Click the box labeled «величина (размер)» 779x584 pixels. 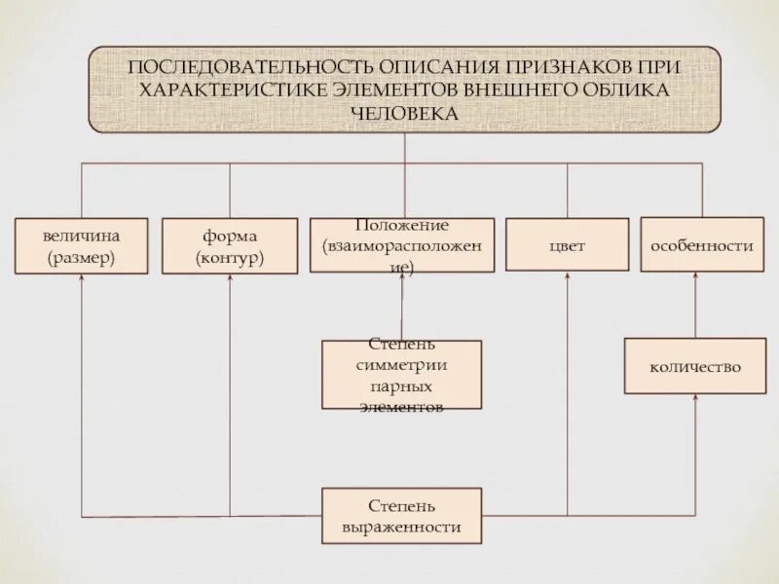point(81,245)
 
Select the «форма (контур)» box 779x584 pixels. point(230,245)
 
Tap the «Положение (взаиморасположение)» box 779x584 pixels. point(402,245)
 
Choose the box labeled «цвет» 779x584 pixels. point(568,245)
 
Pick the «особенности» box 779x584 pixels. point(702,245)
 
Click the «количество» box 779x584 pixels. point(695,366)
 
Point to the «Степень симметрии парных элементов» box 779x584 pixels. point(402,375)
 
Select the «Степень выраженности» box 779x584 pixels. point(402,516)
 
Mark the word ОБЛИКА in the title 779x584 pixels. point(625,91)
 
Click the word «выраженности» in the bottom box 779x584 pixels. point(402,527)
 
